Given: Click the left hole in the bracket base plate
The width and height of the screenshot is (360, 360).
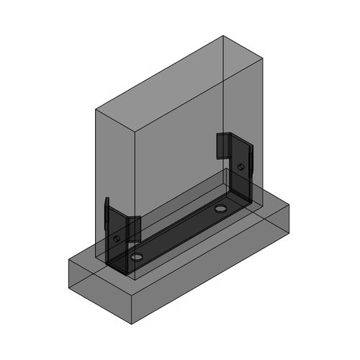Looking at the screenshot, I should [137, 257].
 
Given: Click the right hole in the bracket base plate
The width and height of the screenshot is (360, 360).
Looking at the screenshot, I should [220, 208].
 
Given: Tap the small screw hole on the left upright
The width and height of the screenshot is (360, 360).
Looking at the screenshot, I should [115, 237].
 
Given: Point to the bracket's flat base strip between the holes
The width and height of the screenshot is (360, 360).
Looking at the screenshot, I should [180, 232].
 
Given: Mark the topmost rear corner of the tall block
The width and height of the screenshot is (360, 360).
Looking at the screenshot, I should [225, 35].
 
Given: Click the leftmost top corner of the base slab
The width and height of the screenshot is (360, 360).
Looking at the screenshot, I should [68, 258].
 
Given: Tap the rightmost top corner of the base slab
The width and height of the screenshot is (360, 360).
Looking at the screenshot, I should [289, 205].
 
